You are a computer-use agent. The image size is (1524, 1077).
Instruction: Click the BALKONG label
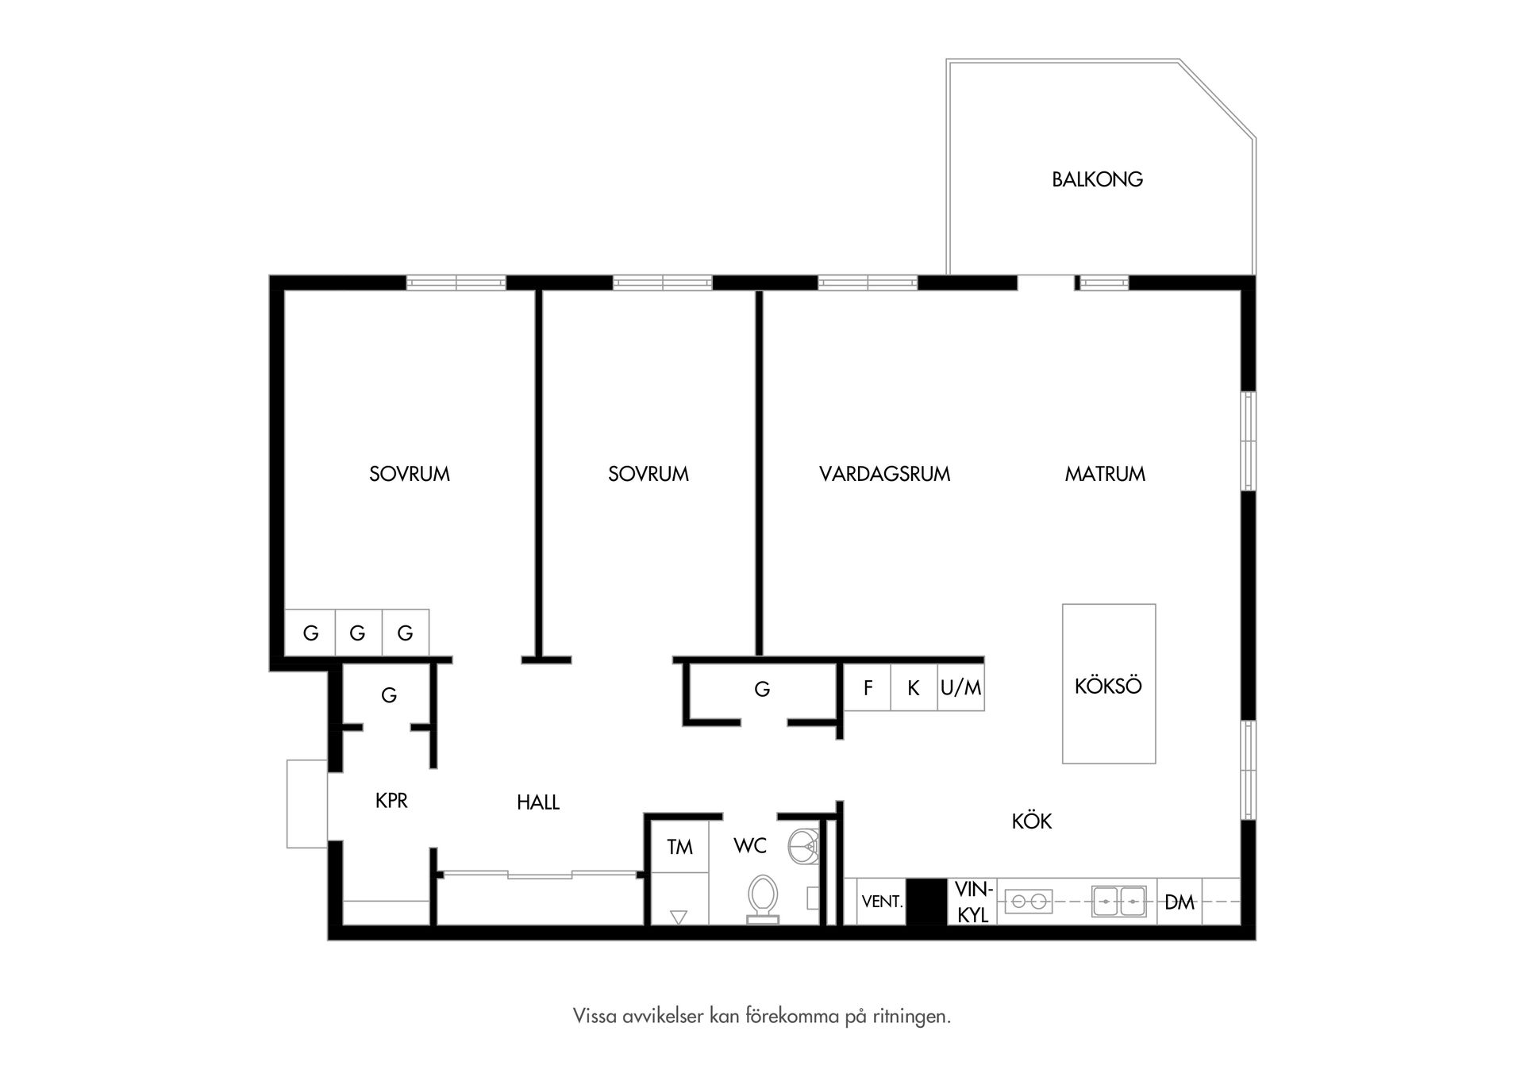(x=1097, y=179)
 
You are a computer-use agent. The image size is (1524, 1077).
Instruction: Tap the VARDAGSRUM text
(x=884, y=474)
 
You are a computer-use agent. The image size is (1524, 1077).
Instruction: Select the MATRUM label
(x=1105, y=474)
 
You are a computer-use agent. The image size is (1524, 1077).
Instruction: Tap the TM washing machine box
(x=679, y=847)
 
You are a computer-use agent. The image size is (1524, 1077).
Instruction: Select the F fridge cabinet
(x=867, y=687)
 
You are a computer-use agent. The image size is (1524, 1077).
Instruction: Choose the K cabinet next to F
(x=913, y=687)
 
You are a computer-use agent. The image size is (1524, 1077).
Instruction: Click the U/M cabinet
(x=960, y=687)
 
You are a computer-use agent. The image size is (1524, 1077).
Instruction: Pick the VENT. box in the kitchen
(x=882, y=902)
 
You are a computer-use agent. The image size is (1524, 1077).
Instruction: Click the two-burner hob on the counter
(x=1029, y=902)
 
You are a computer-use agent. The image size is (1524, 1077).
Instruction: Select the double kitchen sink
(x=1118, y=902)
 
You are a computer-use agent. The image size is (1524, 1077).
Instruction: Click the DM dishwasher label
(x=1180, y=902)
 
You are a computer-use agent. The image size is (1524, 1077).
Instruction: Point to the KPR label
(x=391, y=801)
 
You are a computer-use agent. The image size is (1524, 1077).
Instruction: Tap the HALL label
(x=538, y=802)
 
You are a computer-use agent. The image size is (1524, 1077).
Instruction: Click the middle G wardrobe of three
(x=358, y=633)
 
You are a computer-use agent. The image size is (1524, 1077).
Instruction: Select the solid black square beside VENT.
(x=927, y=902)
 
